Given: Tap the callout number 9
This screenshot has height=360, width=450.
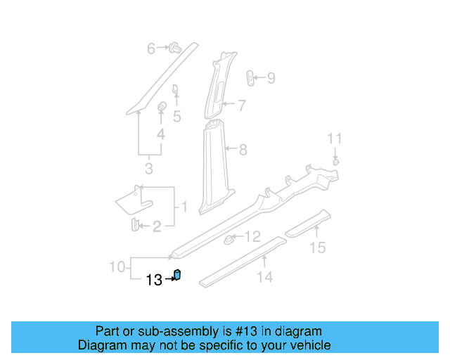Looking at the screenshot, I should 271,78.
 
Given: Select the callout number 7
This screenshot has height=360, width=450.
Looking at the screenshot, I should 241,105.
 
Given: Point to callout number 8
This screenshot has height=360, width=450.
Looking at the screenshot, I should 243,149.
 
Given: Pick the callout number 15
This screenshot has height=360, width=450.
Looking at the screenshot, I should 318,247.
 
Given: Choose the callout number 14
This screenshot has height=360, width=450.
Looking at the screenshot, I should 264,277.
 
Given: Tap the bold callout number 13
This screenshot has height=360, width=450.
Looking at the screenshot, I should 154,280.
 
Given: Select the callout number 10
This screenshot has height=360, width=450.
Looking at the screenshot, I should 117,266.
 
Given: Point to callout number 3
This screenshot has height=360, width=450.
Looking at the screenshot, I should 148,169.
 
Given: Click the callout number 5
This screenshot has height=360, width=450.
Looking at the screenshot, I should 177,116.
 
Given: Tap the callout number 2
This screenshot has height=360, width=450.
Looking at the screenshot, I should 156,226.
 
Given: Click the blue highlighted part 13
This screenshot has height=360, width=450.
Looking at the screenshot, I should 178,275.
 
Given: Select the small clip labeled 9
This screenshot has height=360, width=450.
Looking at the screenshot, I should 251,77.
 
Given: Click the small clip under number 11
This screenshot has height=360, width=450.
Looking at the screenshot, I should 335,162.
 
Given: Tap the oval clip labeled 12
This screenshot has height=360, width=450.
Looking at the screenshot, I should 229,241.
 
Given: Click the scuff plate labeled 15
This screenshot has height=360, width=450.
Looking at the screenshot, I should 307,223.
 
